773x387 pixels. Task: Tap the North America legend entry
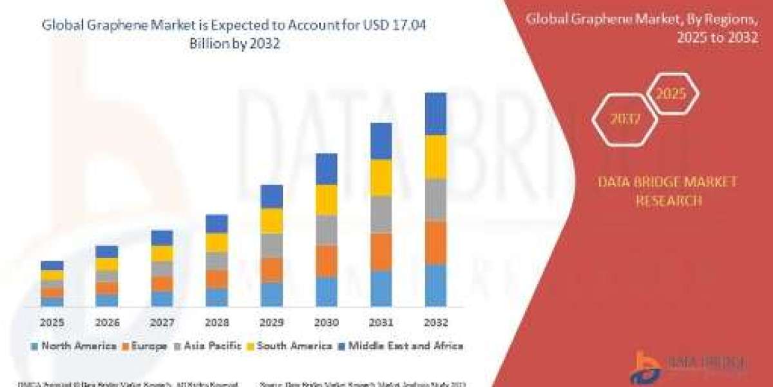pyautogui.click(x=73, y=346)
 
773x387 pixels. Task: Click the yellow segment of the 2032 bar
pyautogui.click(x=435, y=157)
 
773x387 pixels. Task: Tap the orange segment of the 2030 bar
pyautogui.click(x=326, y=261)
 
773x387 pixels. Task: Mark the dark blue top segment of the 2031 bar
pyautogui.click(x=381, y=141)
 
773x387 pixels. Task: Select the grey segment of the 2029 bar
pyautogui.click(x=271, y=245)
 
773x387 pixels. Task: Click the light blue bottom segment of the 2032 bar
pyautogui.click(x=435, y=284)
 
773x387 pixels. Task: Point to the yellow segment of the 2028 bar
pyautogui.click(x=216, y=242)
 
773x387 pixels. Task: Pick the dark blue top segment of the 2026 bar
pyautogui.click(x=107, y=252)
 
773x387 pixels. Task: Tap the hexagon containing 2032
pyautogui.click(x=624, y=119)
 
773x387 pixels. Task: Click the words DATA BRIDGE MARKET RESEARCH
pyautogui.click(x=667, y=192)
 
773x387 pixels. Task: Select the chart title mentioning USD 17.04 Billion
pyautogui.click(x=234, y=34)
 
